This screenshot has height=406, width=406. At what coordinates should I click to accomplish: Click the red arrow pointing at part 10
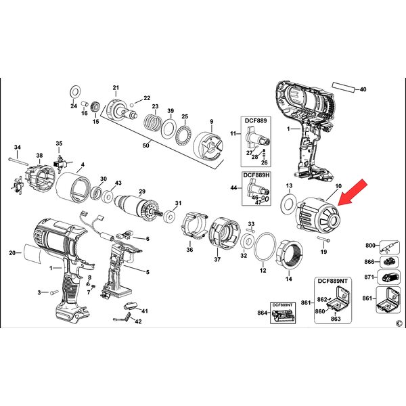coord(353,192)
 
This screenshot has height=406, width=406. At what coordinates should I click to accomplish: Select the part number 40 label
coord(363,89)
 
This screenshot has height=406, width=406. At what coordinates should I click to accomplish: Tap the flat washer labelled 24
coord(75,91)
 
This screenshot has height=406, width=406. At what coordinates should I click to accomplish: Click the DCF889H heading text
coord(256,175)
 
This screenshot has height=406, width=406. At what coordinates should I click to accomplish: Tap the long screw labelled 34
coord(19,161)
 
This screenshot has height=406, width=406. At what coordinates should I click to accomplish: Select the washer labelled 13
coord(288,203)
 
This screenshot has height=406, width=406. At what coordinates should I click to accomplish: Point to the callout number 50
coord(146,145)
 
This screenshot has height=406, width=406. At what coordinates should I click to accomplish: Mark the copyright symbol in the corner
coord(399,323)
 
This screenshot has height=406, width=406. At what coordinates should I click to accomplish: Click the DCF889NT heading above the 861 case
coord(333,281)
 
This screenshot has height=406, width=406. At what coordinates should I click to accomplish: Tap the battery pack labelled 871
coord(390,277)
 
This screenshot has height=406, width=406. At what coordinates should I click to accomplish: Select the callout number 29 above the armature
coord(142,191)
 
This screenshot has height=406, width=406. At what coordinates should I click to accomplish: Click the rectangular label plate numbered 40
coord(343,87)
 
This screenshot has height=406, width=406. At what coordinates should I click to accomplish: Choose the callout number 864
coord(263,313)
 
